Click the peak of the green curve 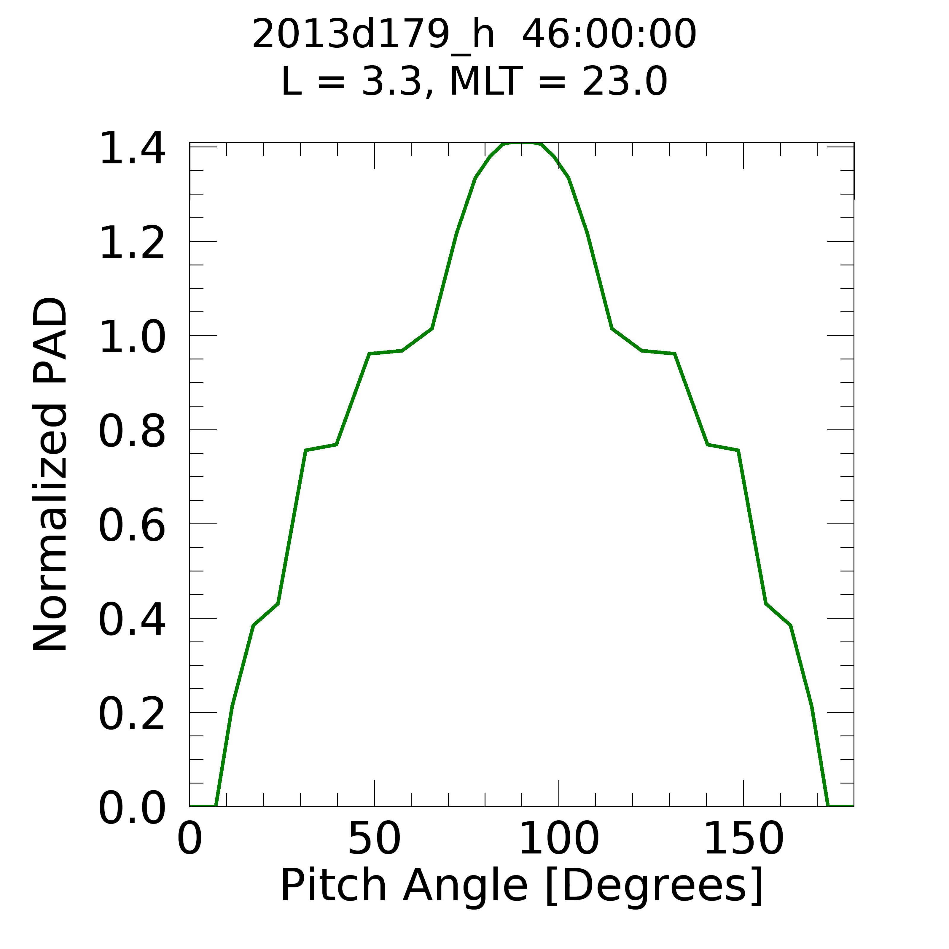tap(522, 144)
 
